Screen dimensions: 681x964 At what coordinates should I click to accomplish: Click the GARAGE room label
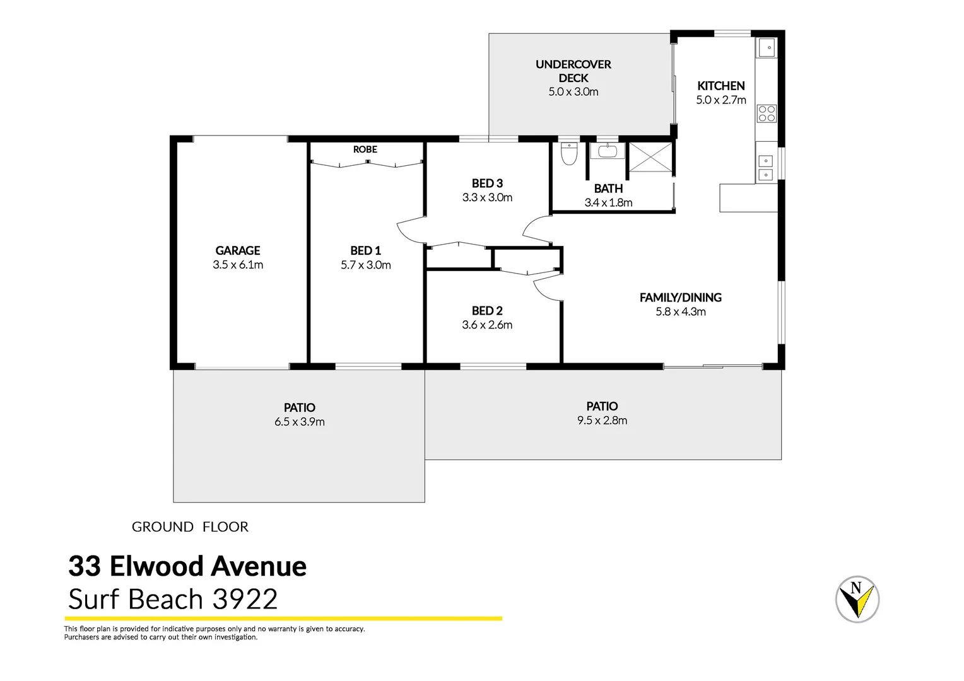coord(237,250)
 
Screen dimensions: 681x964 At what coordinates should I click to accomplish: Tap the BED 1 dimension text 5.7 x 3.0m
coord(365,265)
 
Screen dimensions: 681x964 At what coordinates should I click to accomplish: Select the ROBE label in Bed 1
coord(365,149)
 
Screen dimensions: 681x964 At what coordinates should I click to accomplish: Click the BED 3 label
coord(487,183)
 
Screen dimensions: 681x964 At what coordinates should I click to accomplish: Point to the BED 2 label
coord(487,311)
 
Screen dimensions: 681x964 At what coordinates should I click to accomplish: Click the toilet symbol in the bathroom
coord(569,153)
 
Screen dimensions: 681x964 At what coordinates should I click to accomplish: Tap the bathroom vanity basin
coord(607,151)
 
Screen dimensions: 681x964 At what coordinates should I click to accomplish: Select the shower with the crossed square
coord(650,157)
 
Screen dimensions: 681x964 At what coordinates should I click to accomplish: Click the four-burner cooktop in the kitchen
coord(767,113)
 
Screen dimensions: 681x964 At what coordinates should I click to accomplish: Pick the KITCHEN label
coord(720,86)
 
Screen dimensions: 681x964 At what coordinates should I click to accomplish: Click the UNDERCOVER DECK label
coord(573,71)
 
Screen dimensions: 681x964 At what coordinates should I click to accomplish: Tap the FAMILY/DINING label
coord(680,298)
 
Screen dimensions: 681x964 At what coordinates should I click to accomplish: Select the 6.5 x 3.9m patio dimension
coord(299,422)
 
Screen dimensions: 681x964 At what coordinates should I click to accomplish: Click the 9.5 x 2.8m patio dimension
coord(602,421)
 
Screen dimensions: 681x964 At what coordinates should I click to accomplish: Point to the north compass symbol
coord(857,599)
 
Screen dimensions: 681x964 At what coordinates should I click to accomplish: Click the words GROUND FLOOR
coord(190,527)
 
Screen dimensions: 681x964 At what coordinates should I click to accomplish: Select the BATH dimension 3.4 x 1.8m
coord(608,202)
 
